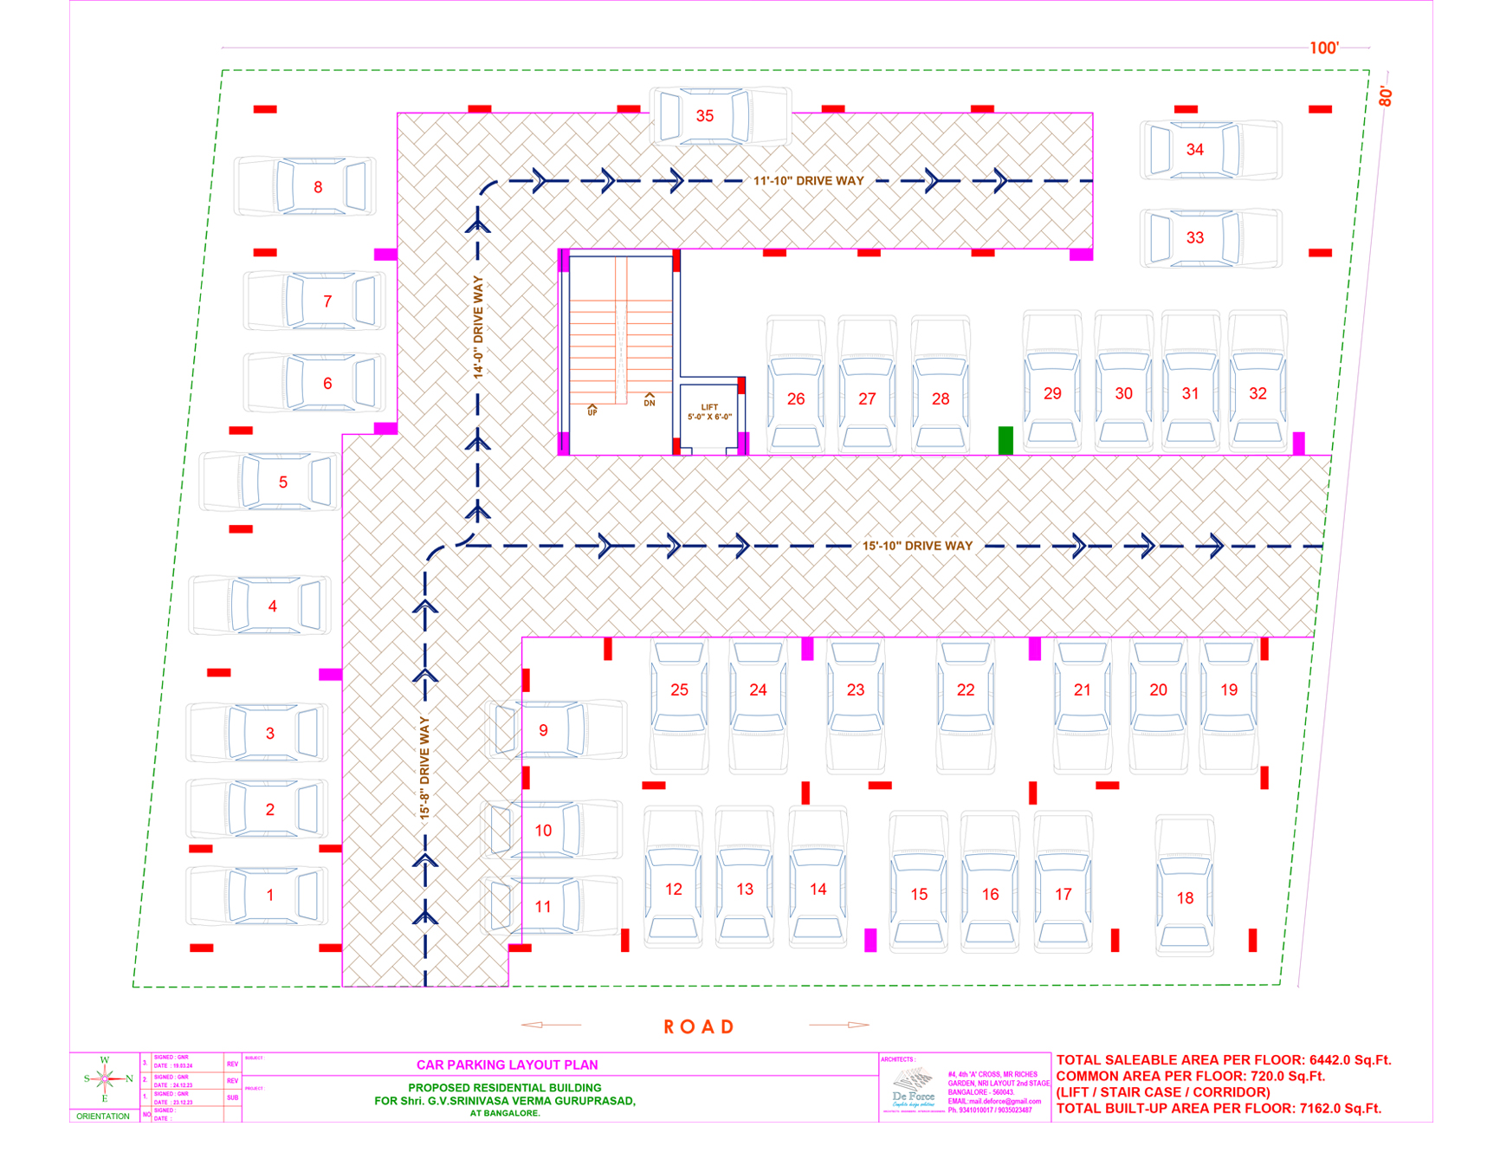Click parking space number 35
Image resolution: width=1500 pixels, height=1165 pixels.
[x=705, y=116]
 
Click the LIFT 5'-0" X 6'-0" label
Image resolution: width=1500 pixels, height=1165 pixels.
[x=709, y=412]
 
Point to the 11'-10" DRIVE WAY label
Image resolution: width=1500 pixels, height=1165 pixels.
[x=808, y=181]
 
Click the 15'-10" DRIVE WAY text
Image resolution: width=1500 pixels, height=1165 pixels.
[x=917, y=546]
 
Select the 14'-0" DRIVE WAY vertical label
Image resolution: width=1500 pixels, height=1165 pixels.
[x=478, y=327]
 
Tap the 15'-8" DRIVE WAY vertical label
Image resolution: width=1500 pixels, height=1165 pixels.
[x=424, y=767]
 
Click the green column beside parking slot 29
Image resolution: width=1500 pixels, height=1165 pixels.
[x=1005, y=440]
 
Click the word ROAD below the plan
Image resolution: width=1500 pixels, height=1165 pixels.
[x=699, y=1027]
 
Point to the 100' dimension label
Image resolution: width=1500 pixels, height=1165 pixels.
[x=1323, y=48]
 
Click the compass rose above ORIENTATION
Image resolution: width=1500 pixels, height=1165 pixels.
[x=105, y=1079]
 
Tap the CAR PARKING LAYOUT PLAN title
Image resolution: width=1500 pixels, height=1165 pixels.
[x=507, y=1065]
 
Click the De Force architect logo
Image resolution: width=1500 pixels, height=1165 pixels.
[x=913, y=1088]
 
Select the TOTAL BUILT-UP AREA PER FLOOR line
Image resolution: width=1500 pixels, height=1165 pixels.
[x=1219, y=1109]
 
